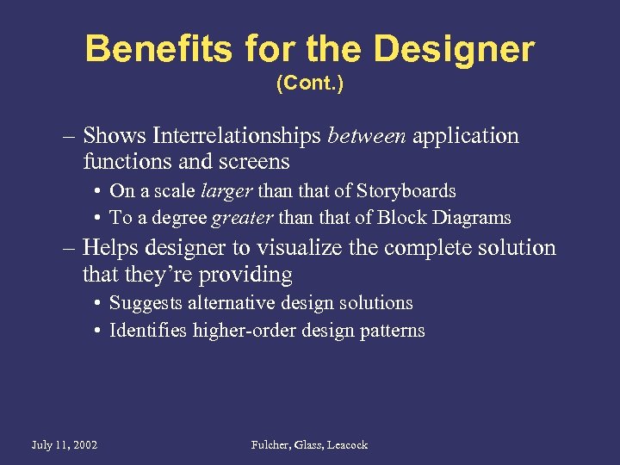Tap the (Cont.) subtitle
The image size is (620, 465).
click(x=309, y=84)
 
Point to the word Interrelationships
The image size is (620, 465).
click(x=235, y=136)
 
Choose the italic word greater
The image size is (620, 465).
click(x=232, y=219)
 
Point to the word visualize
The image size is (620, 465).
click(x=296, y=248)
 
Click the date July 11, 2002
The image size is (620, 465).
click(x=64, y=445)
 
